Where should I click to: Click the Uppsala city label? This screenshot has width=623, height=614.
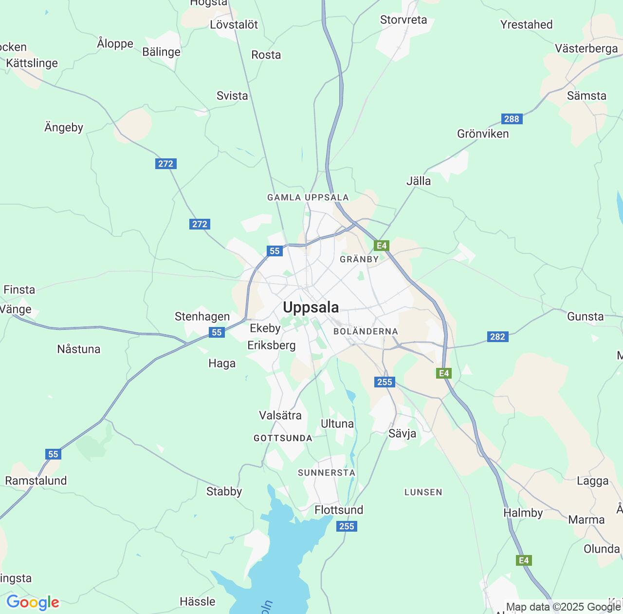311,307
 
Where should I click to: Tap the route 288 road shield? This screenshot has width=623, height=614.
512,119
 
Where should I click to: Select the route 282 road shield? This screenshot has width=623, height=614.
497,337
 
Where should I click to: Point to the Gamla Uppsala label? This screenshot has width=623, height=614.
308,197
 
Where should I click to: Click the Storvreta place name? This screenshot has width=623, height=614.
403,20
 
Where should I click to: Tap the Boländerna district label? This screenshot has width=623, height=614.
366,331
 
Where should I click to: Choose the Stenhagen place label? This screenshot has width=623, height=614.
202,317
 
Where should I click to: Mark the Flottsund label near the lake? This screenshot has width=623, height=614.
339,510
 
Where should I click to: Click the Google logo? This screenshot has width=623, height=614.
33,602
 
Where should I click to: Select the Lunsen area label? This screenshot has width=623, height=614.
423,492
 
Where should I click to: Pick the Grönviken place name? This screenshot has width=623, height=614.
482,134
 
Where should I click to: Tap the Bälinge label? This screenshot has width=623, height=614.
161,52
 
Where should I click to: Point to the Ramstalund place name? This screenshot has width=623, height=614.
36,481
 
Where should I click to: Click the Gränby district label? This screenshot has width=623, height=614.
359,259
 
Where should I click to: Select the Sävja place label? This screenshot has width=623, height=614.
402,434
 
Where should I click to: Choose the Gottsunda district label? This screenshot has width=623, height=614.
283,438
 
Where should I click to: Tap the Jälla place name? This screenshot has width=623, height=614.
418,181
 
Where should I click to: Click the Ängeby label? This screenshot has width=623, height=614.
64,128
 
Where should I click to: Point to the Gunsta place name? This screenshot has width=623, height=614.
585,317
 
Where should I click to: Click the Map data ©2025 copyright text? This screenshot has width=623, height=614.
563,607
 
